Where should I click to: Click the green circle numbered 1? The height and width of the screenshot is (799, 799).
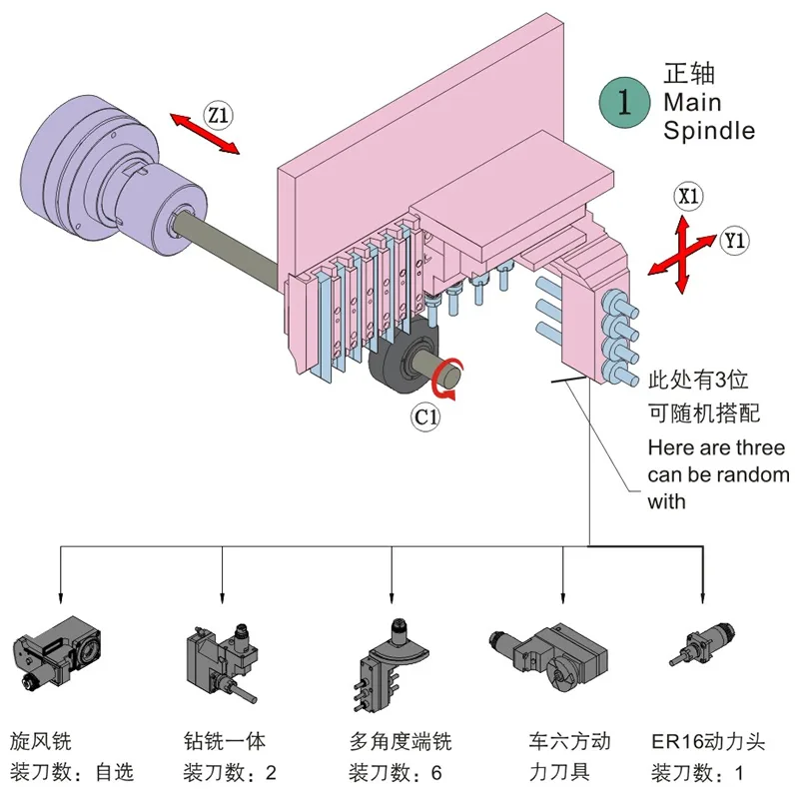point(624,103)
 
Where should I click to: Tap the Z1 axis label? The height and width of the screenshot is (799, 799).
point(218,115)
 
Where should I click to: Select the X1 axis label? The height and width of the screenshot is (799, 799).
point(688,196)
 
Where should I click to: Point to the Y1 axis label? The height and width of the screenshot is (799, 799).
point(734,240)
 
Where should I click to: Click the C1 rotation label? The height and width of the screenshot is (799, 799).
point(426,417)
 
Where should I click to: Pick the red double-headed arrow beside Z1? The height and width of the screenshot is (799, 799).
point(205,134)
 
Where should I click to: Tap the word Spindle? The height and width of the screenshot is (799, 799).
point(709,131)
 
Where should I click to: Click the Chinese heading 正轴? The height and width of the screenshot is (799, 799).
point(689,74)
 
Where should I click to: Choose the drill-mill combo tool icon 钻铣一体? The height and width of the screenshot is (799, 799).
point(222,663)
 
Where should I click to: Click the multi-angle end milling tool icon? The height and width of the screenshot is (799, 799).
point(392,665)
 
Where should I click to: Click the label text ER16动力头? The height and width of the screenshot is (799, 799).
point(708,742)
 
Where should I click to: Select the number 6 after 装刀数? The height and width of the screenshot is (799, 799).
point(436,773)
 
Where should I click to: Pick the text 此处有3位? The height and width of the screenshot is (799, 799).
point(698,381)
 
